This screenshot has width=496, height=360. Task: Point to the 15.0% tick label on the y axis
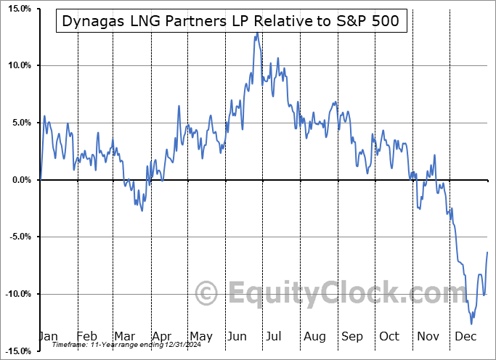click(x=16, y=9)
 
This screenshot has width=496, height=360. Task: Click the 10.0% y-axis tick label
click(x=16, y=65)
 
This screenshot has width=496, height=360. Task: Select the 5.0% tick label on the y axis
click(x=17, y=123)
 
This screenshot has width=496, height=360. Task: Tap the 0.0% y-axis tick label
click(x=17, y=180)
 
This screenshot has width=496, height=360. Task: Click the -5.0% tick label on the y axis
click(x=16, y=237)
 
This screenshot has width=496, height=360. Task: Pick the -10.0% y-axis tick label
click(x=15, y=294)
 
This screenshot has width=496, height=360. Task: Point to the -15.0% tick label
click(x=15, y=351)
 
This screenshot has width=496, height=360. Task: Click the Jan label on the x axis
click(x=48, y=337)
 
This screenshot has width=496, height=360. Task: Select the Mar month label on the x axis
click(x=123, y=337)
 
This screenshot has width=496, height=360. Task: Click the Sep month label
click(x=353, y=337)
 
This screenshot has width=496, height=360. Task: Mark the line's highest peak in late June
click(x=256, y=33)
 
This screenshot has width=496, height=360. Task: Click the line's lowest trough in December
click(x=471, y=324)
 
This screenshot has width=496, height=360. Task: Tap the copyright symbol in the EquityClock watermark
click(x=207, y=293)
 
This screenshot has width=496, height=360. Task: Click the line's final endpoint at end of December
click(x=487, y=252)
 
